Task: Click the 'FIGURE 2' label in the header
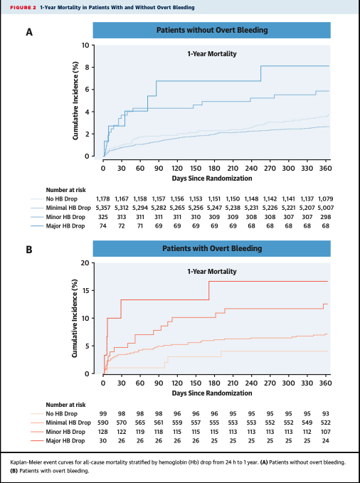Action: tap(23, 7)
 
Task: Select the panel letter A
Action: tap(29, 32)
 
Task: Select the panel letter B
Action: tap(29, 250)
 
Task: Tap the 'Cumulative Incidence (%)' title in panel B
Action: tap(75, 318)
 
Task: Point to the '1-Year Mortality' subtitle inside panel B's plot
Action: tap(211, 272)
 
